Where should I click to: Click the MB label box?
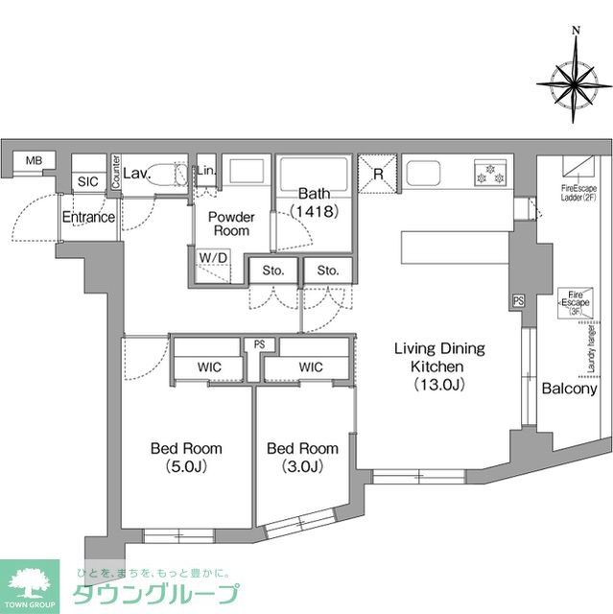[x=34, y=161]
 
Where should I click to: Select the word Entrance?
[x=88, y=218]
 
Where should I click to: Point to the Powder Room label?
[x=230, y=224]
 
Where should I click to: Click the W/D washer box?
[x=213, y=257]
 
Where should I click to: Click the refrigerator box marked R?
[x=378, y=174]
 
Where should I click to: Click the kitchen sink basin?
[x=425, y=174]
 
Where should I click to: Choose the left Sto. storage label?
[x=273, y=272]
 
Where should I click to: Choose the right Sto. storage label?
[x=328, y=272]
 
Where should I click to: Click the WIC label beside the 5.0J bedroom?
[x=212, y=366]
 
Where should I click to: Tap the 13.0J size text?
[x=439, y=385]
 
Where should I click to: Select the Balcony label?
[x=569, y=389]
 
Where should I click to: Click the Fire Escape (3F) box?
[x=576, y=302]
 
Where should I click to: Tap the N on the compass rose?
[x=575, y=30]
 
